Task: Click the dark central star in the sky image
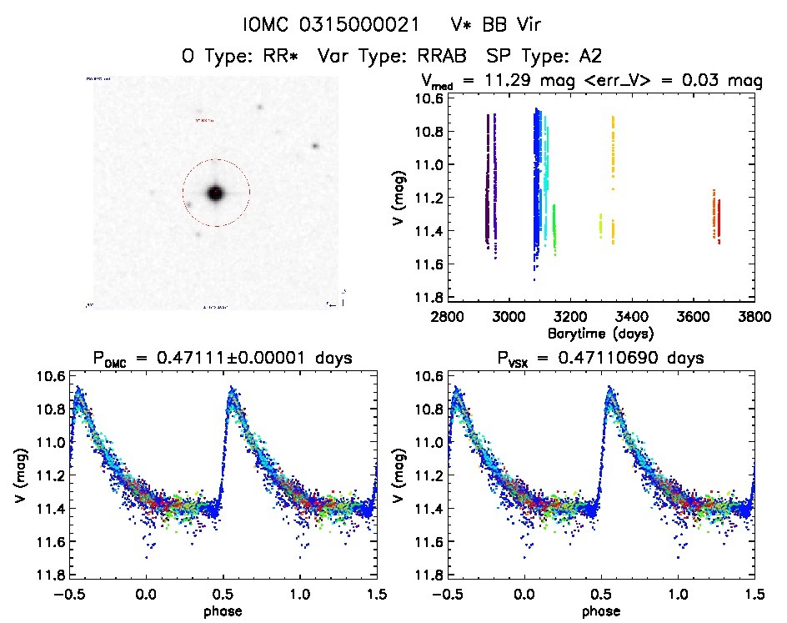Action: pyautogui.click(x=216, y=193)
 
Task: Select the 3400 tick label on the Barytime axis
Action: pyautogui.click(x=631, y=317)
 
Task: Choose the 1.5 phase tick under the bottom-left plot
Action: pyautogui.click(x=377, y=594)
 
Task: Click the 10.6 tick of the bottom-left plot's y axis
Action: pyautogui.click(x=49, y=376)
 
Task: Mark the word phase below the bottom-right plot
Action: pyautogui.click(x=601, y=610)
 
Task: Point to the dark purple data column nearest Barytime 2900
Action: pyautogui.click(x=486, y=179)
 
